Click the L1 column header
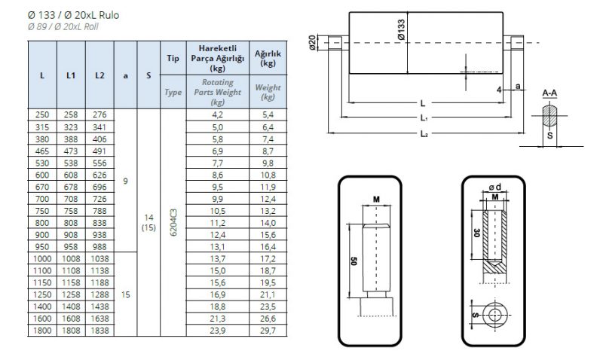(x=70, y=75)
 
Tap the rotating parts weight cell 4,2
(x=218, y=114)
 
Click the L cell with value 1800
(x=41, y=330)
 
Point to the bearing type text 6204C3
(x=173, y=223)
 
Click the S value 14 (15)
(x=148, y=223)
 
